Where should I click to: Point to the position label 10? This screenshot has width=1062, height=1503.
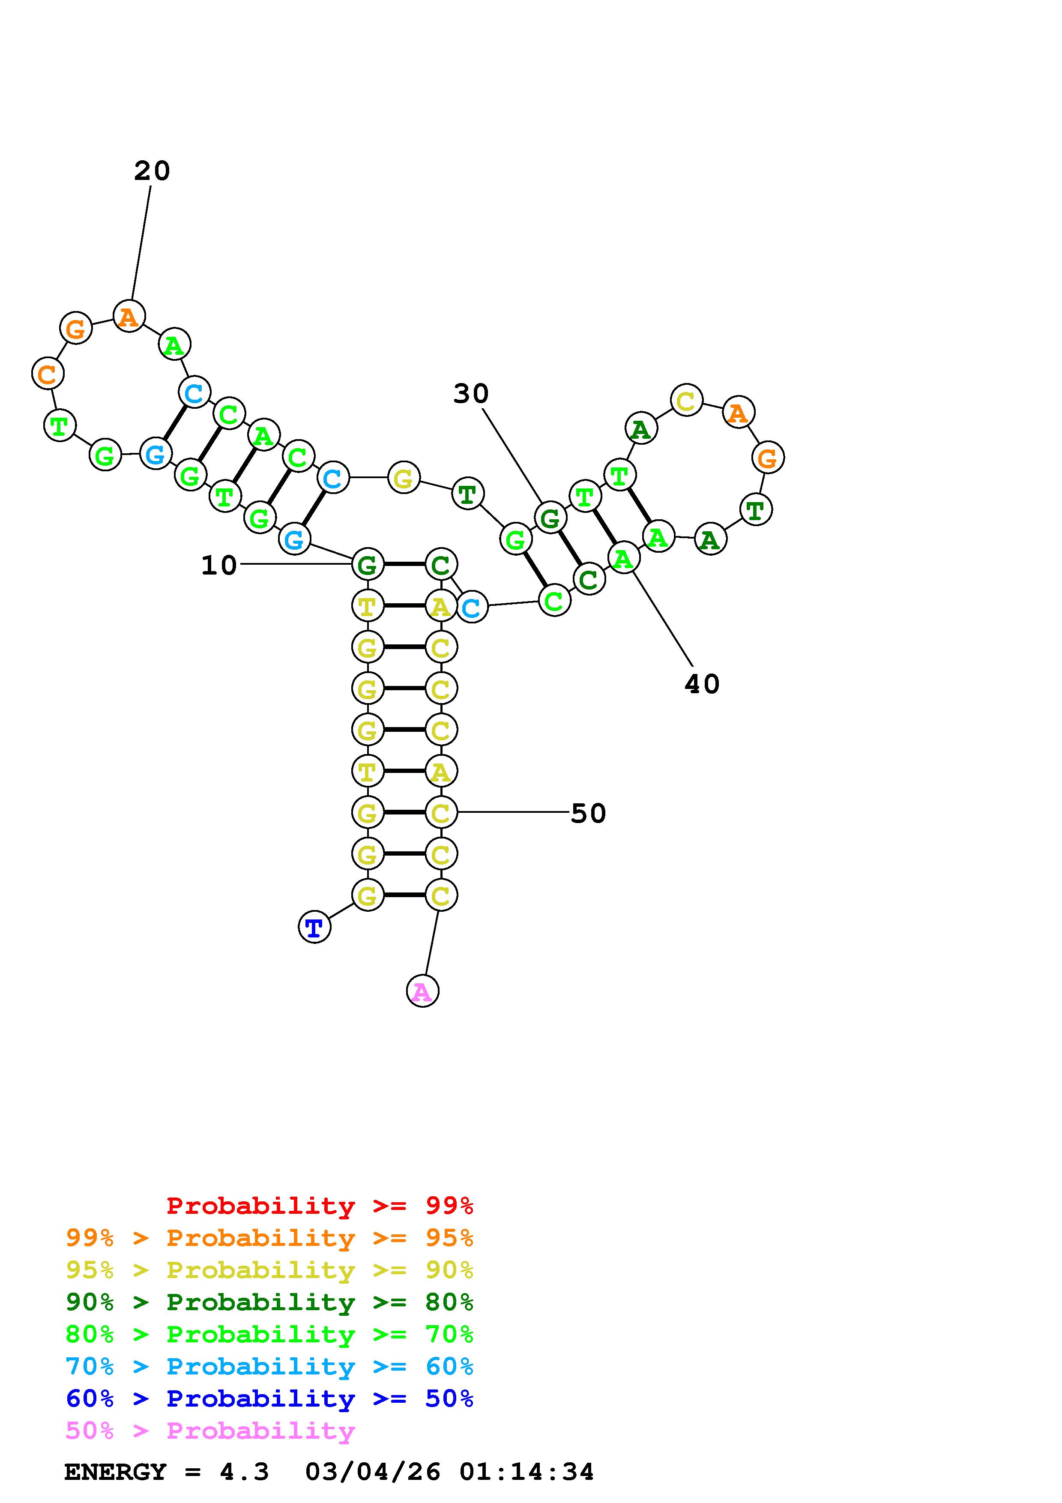tap(218, 566)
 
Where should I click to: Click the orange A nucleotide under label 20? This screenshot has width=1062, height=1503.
tap(129, 316)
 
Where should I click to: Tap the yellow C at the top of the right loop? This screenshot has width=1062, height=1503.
tap(686, 400)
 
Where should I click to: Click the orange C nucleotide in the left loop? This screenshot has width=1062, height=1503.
tap(47, 374)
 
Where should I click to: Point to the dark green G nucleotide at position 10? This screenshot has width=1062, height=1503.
tap(367, 564)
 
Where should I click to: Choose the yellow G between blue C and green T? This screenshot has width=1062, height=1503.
tap(403, 479)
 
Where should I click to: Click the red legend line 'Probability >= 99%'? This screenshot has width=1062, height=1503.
tap(319, 1206)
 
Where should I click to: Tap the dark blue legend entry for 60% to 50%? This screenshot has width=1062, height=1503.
tap(269, 1398)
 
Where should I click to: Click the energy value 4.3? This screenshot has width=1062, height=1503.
tap(244, 1472)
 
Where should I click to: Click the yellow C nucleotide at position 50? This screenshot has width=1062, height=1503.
tap(440, 813)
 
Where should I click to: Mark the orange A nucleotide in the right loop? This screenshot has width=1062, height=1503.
tap(738, 413)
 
